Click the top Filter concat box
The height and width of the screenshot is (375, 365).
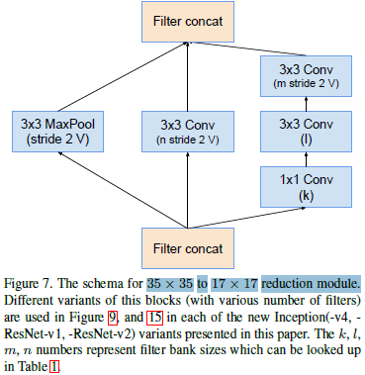[x=181, y=20]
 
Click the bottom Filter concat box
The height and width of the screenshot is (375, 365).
[x=181, y=243]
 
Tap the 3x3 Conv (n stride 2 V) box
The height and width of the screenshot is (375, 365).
[x=181, y=133]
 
